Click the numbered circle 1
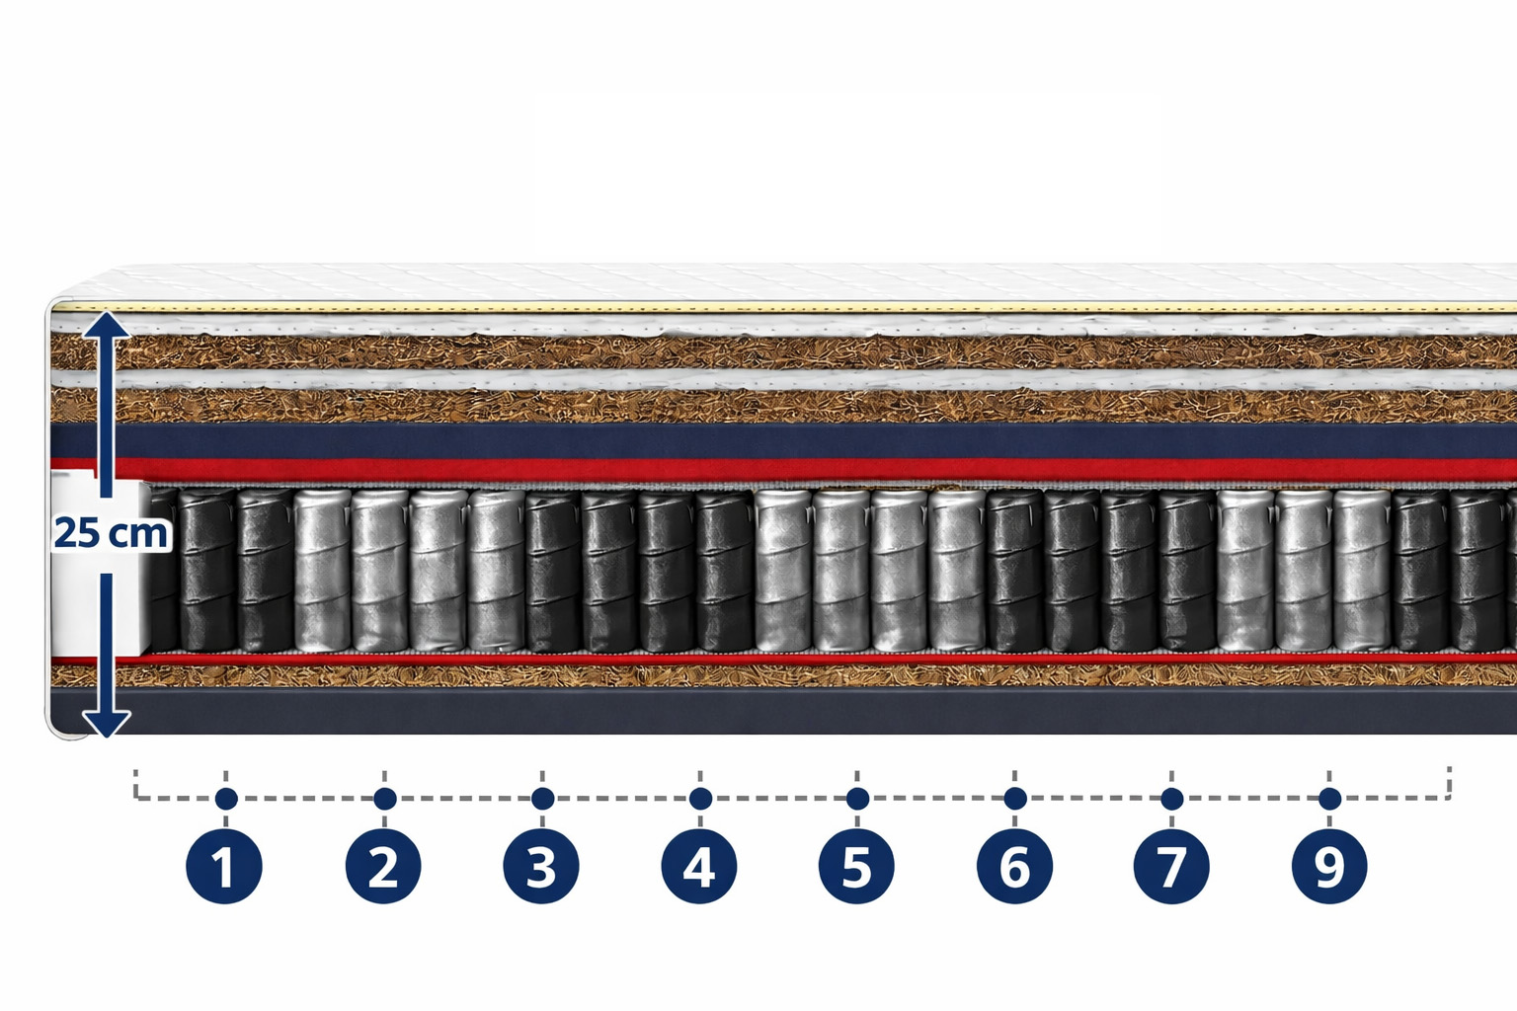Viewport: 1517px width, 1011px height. pyautogui.click(x=224, y=867)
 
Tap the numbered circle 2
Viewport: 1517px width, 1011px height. pyautogui.click(x=383, y=867)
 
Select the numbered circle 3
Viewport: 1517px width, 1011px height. pyautogui.click(x=541, y=867)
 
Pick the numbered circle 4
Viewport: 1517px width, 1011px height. pyautogui.click(x=699, y=867)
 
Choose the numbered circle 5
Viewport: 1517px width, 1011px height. pyautogui.click(x=856, y=867)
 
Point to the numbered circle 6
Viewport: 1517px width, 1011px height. pyautogui.click(x=1014, y=867)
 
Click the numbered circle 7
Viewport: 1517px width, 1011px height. pyautogui.click(x=1171, y=867)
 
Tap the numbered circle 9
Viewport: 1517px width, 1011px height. pyautogui.click(x=1329, y=867)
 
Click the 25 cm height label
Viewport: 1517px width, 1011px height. pyautogui.click(x=112, y=533)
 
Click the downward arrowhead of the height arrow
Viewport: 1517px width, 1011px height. pyautogui.click(x=105, y=724)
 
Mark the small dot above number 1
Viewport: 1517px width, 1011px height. pyautogui.click(x=226, y=798)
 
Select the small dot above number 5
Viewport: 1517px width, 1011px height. pyautogui.click(x=857, y=798)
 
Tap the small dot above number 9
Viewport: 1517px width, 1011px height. pyautogui.click(x=1329, y=798)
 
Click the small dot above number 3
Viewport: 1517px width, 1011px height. pyautogui.click(x=542, y=798)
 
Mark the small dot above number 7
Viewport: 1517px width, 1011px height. pyautogui.click(x=1172, y=798)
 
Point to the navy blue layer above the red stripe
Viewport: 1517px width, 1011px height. pyautogui.click(x=790, y=440)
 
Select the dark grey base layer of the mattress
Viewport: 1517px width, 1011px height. pyautogui.click(x=790, y=711)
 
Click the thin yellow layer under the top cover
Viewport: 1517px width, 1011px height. pyautogui.click(x=790, y=308)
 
